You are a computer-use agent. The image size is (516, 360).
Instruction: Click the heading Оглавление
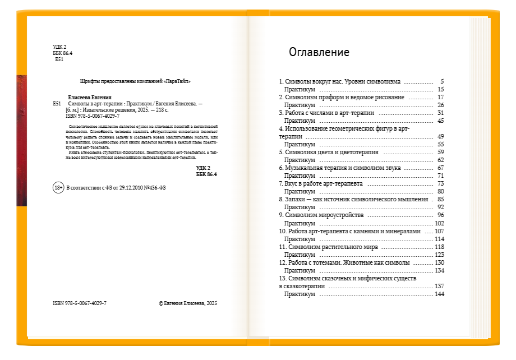(x=319, y=53)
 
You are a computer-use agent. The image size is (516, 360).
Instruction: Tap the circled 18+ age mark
(x=58, y=188)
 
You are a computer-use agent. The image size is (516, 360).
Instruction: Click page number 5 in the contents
(x=442, y=81)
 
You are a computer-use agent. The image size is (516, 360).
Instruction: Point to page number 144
(x=439, y=294)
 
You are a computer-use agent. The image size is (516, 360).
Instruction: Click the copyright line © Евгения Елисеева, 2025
(x=188, y=303)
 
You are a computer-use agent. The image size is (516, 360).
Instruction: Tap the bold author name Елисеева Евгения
(x=90, y=97)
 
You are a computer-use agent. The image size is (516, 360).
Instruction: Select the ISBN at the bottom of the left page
(x=80, y=303)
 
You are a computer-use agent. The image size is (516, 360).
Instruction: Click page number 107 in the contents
(x=439, y=231)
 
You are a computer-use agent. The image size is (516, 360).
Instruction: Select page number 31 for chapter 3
(x=440, y=113)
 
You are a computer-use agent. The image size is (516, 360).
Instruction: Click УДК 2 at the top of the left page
(x=59, y=47)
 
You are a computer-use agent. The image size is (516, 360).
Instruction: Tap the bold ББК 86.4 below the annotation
(x=206, y=175)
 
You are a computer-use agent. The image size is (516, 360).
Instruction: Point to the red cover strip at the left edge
(x=22, y=140)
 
